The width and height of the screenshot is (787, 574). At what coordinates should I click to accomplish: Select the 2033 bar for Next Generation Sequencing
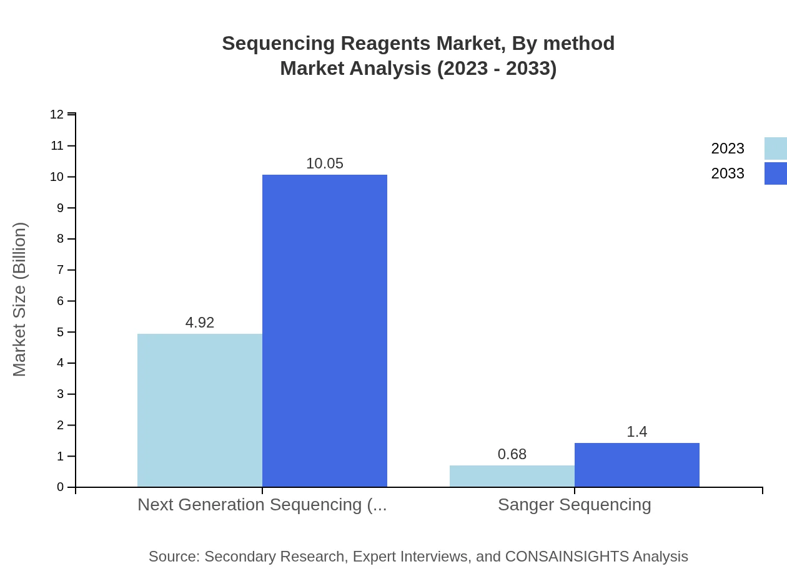(x=325, y=331)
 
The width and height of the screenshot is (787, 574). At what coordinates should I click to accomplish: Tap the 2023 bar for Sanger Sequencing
(x=512, y=476)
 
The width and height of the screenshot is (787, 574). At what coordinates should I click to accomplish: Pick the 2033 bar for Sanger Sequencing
(x=637, y=465)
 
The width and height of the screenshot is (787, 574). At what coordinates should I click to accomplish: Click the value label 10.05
(x=325, y=163)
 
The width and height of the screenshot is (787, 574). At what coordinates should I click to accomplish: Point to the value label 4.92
(x=200, y=323)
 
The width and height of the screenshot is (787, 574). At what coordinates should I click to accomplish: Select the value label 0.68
(x=512, y=454)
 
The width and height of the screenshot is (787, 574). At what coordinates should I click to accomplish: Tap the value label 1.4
(x=637, y=432)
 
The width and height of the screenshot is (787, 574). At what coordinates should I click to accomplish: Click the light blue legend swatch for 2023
(x=775, y=148)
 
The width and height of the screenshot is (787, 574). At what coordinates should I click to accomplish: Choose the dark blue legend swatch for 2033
(x=775, y=173)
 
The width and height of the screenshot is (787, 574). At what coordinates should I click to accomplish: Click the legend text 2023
(x=728, y=148)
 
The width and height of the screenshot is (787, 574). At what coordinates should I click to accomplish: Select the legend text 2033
(x=728, y=173)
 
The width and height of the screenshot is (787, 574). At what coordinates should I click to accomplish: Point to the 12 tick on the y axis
(x=57, y=114)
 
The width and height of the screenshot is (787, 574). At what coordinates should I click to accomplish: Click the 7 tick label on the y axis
(x=61, y=270)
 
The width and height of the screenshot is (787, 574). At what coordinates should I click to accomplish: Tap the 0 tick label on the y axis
(x=61, y=487)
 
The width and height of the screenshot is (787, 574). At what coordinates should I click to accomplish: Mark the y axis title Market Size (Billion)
(x=19, y=299)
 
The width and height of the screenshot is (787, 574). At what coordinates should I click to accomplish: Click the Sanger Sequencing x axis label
(x=575, y=504)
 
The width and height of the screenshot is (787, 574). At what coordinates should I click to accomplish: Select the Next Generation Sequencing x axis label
(x=262, y=504)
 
